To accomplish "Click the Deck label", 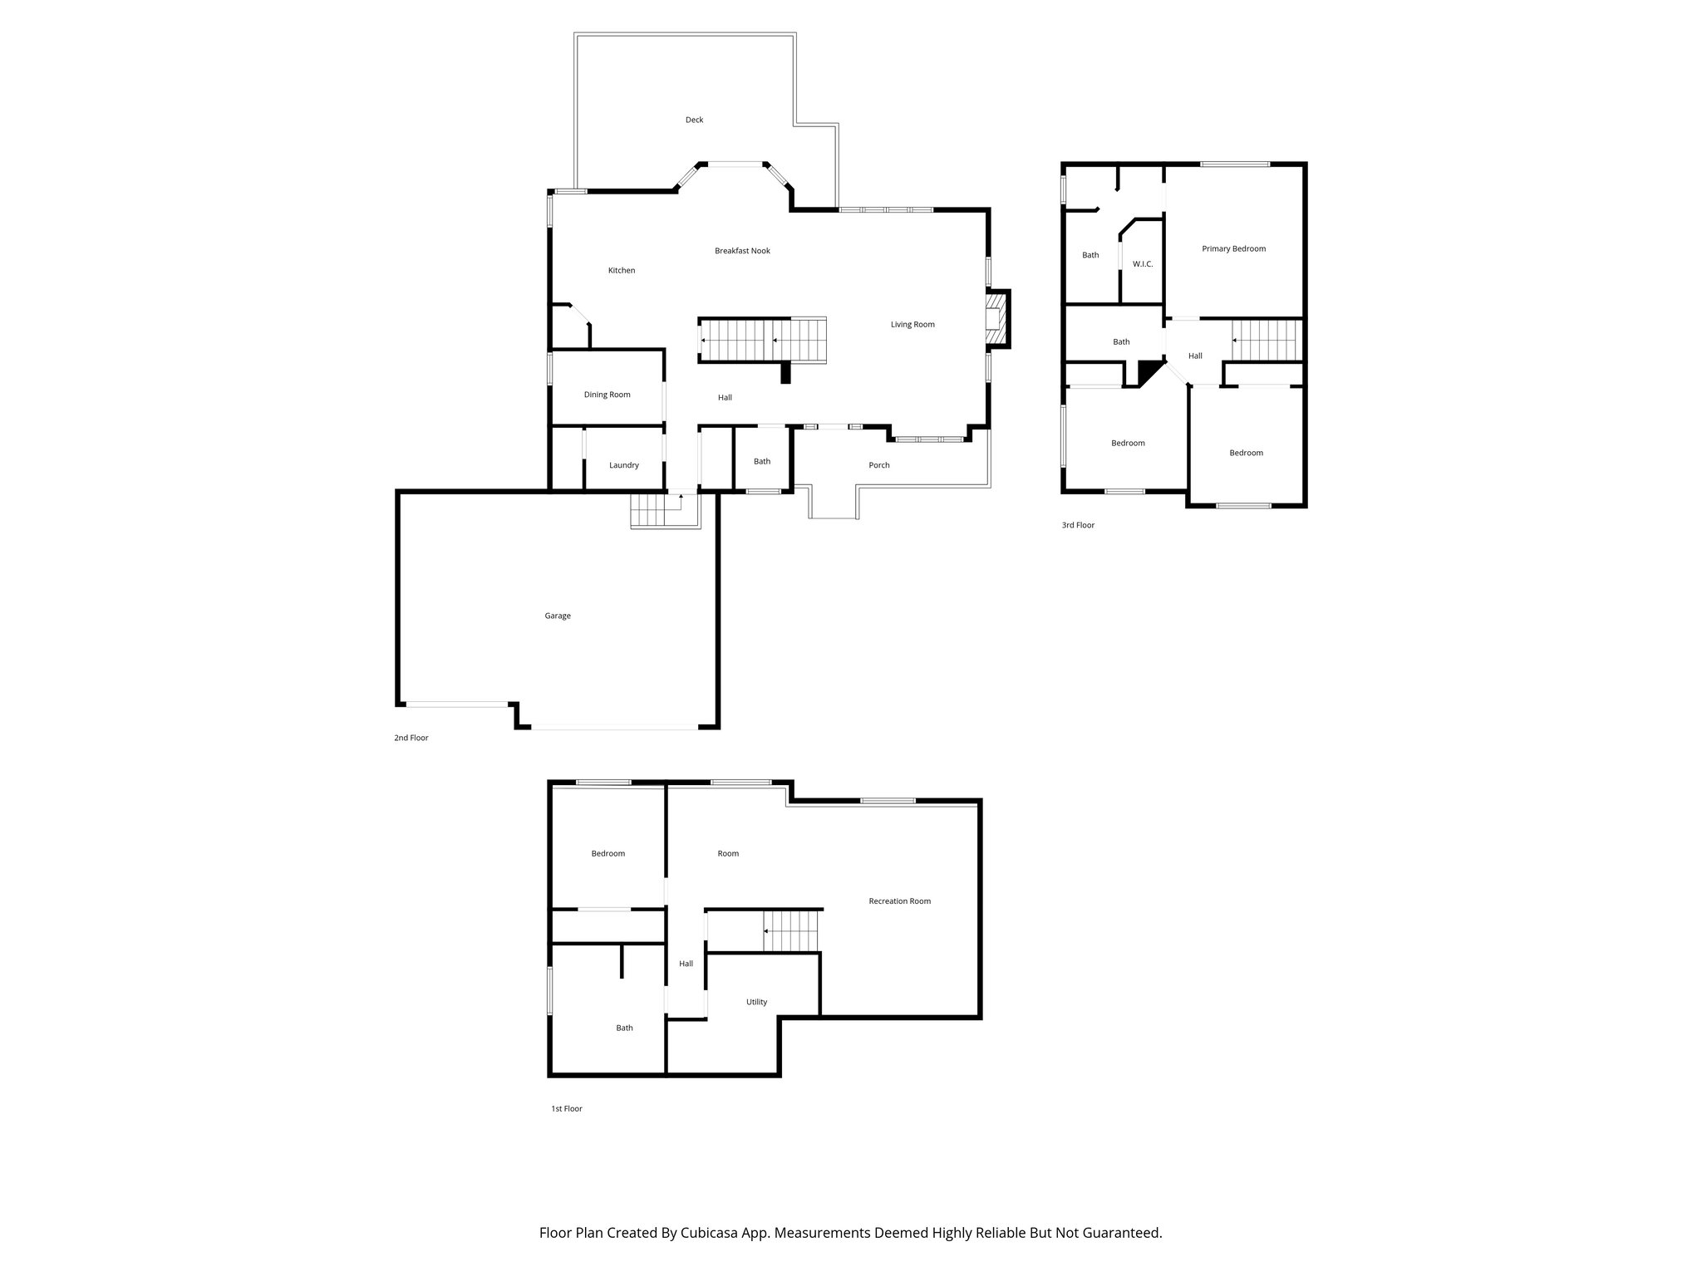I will click(694, 120).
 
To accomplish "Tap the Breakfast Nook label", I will click(742, 251).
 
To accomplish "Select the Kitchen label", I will click(622, 271).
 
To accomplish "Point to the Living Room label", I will click(912, 325).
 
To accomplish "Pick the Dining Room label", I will click(607, 395).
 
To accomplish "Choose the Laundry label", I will click(623, 465).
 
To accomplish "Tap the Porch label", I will click(878, 465).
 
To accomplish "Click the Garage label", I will click(558, 616).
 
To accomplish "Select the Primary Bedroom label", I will click(1233, 249).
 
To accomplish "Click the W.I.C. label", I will click(1143, 264).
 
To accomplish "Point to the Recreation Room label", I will click(899, 901).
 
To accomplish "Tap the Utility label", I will click(756, 1002).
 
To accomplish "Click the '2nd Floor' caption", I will click(411, 738).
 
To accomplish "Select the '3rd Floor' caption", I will click(1078, 525).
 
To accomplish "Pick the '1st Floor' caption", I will click(566, 1109).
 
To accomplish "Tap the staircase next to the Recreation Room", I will click(792, 931).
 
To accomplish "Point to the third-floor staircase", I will click(1264, 341).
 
